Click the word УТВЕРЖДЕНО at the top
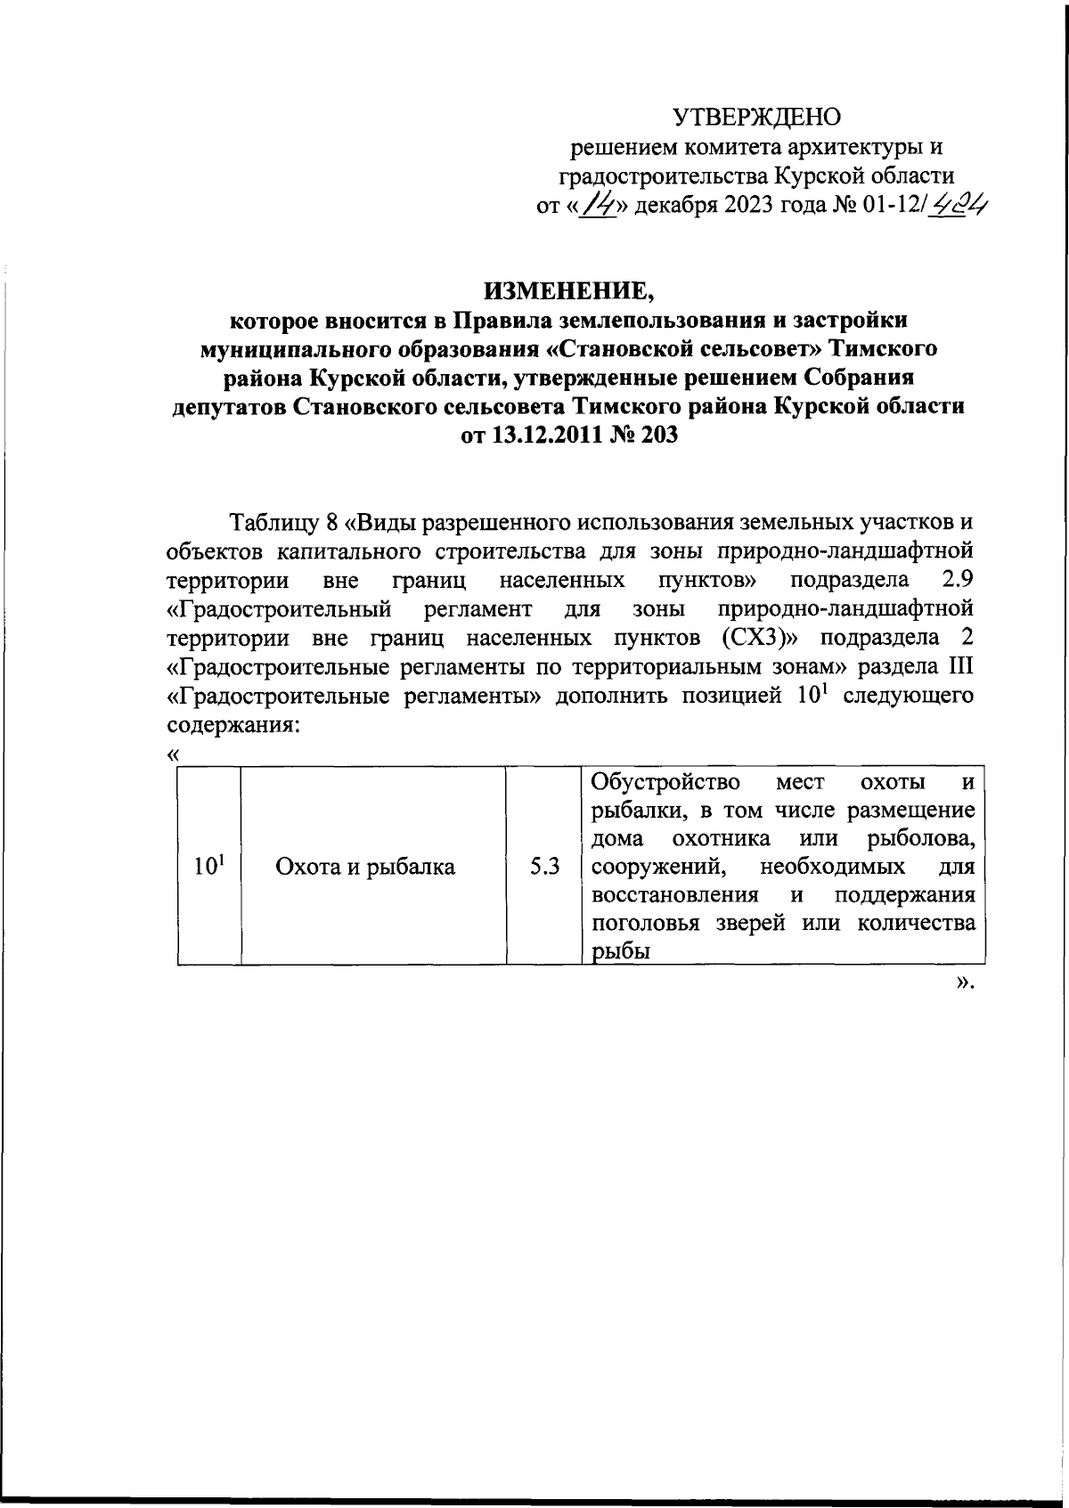point(756,117)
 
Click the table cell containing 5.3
point(543,866)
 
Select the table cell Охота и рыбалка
point(365,866)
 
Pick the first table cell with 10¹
point(208,865)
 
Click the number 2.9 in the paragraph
point(957,580)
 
